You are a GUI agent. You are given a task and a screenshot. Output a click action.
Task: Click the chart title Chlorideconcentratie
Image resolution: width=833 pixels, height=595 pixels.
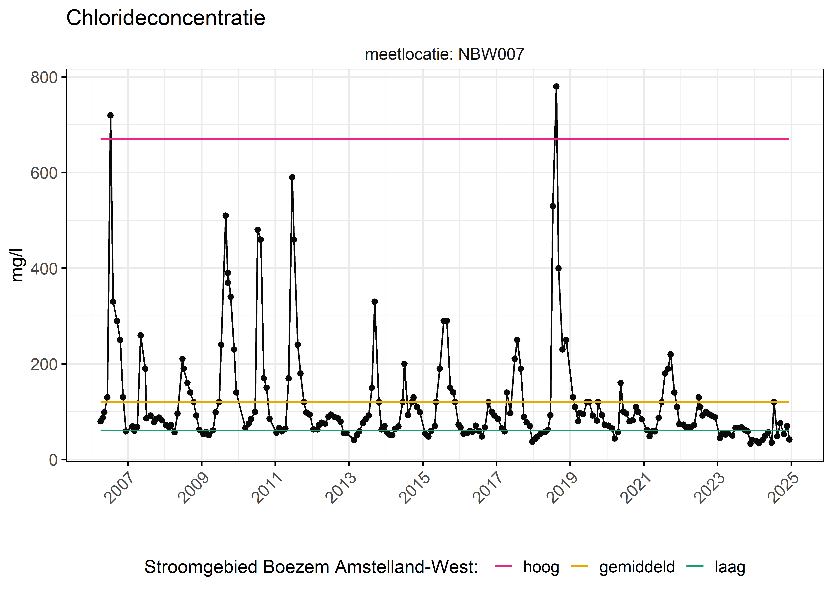166,18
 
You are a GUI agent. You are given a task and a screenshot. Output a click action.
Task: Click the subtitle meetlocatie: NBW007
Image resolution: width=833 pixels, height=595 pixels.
444,54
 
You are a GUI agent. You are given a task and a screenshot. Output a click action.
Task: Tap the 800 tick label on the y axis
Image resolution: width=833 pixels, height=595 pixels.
44,78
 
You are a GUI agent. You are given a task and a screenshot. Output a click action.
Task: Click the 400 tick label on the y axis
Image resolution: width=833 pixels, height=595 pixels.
44,269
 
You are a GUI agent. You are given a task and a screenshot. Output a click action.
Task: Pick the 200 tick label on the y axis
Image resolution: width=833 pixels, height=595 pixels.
44,364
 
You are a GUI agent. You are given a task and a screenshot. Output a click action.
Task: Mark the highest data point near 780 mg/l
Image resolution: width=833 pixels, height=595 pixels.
556,86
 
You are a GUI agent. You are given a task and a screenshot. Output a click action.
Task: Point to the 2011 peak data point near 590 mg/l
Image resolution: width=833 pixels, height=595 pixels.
292,177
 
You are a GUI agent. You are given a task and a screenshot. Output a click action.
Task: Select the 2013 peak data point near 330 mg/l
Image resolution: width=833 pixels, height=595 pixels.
374,301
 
